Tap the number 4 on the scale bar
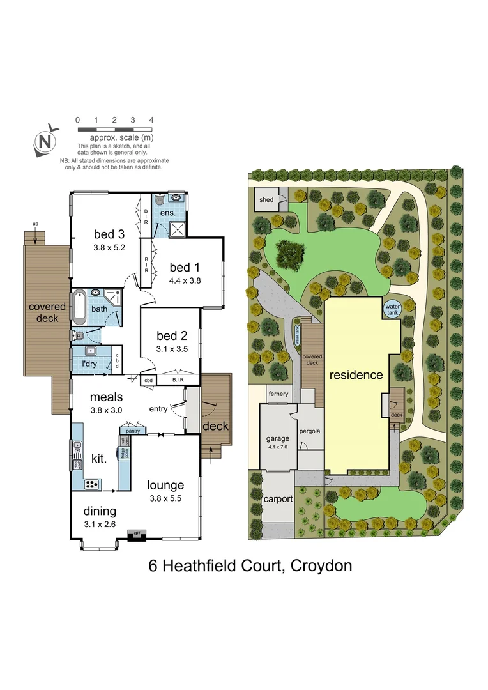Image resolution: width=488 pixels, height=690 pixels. pyautogui.click(x=151, y=119)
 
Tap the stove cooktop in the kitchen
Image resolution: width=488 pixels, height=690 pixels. pyautogui.click(x=93, y=484)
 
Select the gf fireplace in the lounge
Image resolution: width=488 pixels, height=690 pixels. pyautogui.click(x=135, y=533)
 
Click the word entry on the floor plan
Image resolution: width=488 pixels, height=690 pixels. pyautogui.click(x=158, y=409)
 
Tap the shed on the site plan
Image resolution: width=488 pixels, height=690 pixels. pyautogui.click(x=266, y=200)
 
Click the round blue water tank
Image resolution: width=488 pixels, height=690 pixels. pyautogui.click(x=391, y=309)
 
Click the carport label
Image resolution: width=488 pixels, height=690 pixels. pyautogui.click(x=278, y=499)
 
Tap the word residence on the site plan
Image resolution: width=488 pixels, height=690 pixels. pyautogui.click(x=356, y=375)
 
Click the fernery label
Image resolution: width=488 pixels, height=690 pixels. pyautogui.click(x=278, y=394)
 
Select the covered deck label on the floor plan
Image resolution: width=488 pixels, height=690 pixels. pyautogui.click(x=47, y=312)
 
